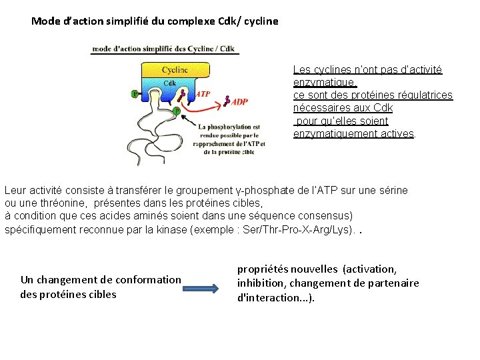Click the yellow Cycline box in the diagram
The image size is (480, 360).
[x=175, y=69]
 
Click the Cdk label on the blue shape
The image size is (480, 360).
[x=170, y=83]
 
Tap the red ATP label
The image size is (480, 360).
[x=203, y=94]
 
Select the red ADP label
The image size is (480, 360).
[x=240, y=101]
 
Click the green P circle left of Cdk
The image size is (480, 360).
[x=135, y=94]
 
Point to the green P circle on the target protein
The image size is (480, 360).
[x=177, y=111]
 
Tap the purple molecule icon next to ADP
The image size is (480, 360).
[x=227, y=100]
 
